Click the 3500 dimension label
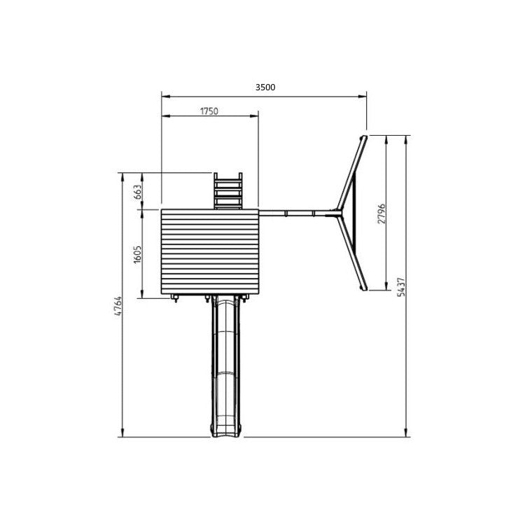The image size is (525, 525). pyautogui.click(x=265, y=87)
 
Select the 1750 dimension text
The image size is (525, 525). pyautogui.click(x=209, y=111)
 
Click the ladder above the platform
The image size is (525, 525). pyautogui.click(x=228, y=190)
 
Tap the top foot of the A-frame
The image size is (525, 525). pyautogui.click(x=363, y=137)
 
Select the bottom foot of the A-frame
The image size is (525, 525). pyautogui.click(x=365, y=287)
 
